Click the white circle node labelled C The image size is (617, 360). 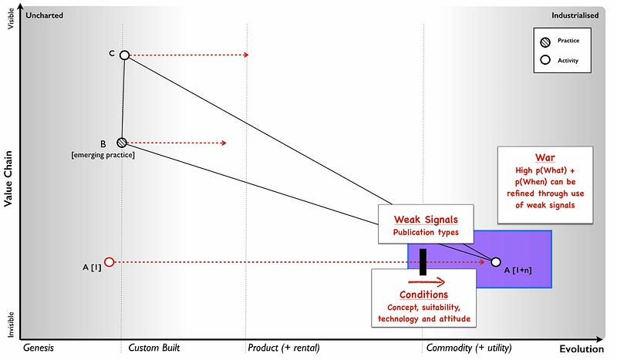click(x=124, y=55)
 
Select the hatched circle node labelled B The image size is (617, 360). click(x=121, y=143)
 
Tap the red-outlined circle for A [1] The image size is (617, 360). click(x=109, y=262)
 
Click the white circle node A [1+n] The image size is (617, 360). click(x=495, y=262)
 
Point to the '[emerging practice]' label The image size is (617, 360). click(x=103, y=156)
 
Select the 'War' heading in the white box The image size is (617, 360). click(x=545, y=156)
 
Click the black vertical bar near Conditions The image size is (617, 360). click(x=423, y=261)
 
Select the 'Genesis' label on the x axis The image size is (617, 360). click(x=39, y=348)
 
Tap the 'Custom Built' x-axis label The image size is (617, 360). click(x=153, y=348)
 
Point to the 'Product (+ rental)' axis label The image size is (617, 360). click(x=283, y=348)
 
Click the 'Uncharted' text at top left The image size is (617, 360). click(x=44, y=15)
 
